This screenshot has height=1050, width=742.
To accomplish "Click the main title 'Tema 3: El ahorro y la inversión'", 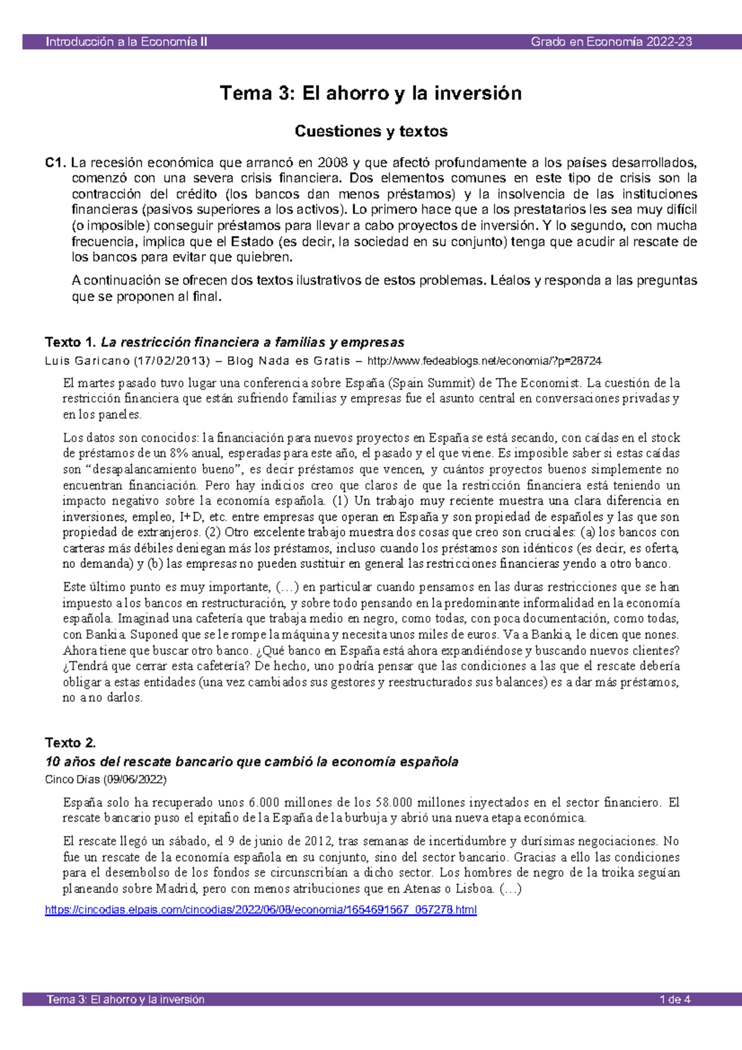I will click(370, 93).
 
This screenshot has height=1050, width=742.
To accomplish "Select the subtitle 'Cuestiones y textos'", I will click(370, 131).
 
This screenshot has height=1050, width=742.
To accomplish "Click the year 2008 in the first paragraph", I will click(333, 163).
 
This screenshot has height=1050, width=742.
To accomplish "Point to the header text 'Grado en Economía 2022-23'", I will click(611, 42).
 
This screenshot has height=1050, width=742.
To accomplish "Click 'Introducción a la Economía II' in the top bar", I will click(127, 42).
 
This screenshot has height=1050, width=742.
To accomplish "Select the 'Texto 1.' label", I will click(70, 342).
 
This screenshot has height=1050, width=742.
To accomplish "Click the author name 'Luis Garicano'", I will click(87, 361).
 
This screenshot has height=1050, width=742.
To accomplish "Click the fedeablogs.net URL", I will click(484, 361).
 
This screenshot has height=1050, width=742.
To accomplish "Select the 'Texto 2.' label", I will click(70, 743).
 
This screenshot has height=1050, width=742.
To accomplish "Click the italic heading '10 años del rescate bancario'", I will click(252, 762).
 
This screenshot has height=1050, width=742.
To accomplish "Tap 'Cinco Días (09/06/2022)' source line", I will click(106, 779).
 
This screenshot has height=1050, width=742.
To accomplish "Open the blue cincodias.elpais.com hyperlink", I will click(260, 910).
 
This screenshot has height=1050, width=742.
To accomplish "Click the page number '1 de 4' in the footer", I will click(675, 999).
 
